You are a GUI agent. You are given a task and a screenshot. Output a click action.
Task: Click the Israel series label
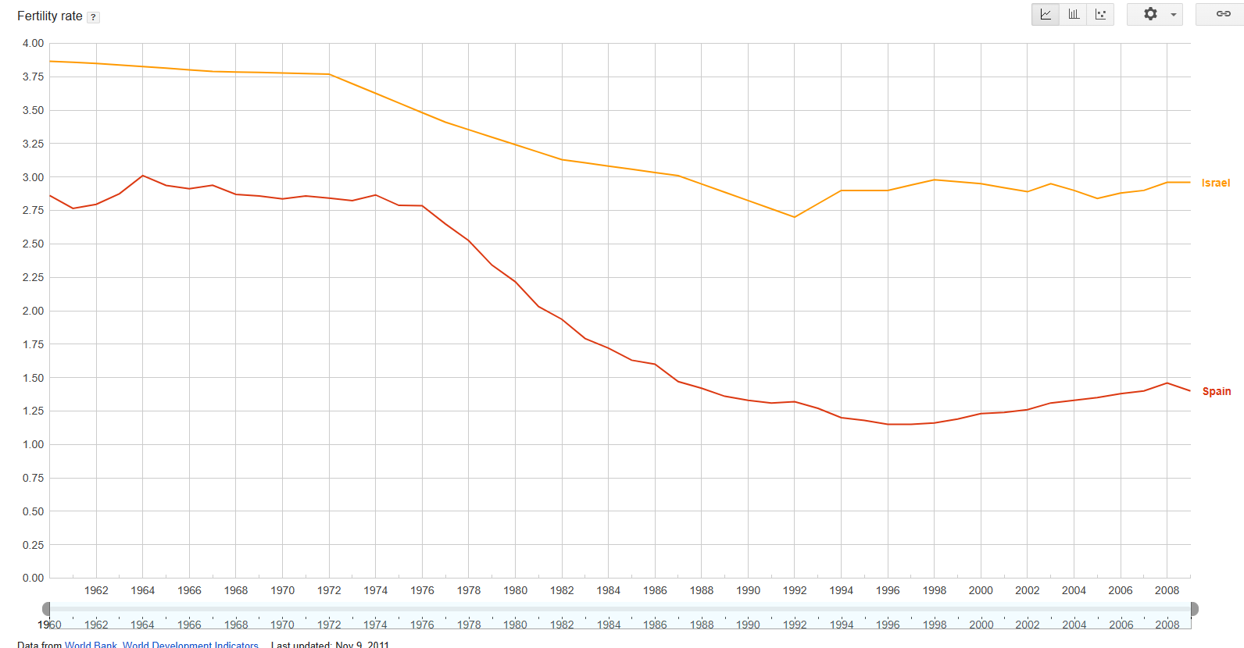pos(1215,183)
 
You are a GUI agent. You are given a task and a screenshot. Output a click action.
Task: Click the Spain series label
pos(1216,391)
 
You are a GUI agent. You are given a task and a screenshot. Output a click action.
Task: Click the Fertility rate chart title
pos(49,16)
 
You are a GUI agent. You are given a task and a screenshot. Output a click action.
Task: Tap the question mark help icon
pos(93,17)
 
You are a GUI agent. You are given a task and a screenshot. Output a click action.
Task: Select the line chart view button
pos(1046,14)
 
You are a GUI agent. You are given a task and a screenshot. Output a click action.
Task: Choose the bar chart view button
pos(1074,14)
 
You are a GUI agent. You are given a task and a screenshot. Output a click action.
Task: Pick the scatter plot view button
pos(1100,14)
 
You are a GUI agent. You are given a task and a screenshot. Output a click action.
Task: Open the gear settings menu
pos(1154,14)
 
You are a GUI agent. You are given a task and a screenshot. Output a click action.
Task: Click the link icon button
pos(1223,14)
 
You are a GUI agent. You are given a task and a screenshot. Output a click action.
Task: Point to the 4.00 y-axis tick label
pos(33,43)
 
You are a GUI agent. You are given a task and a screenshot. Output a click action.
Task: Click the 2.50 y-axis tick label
pos(33,244)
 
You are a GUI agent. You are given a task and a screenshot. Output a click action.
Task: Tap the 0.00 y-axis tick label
pos(33,578)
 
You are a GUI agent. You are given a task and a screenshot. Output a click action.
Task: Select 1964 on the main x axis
pos(143,590)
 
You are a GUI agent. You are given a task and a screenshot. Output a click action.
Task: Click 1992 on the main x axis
pos(795,590)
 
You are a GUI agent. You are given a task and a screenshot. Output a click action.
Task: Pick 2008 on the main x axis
pos(1167,590)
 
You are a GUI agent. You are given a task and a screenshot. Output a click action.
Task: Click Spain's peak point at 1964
pos(142,176)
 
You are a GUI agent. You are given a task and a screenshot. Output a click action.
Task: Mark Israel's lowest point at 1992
pos(794,217)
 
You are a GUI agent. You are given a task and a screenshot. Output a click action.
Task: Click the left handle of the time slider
pos(46,609)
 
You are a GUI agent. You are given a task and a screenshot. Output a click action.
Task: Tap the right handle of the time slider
pos(1194,609)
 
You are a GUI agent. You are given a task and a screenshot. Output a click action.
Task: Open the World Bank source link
pos(91,644)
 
